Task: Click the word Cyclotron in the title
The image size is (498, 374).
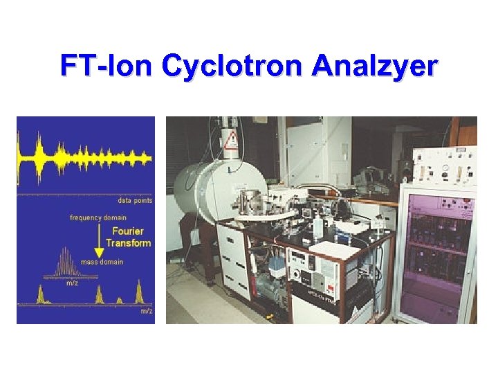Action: coord(233,66)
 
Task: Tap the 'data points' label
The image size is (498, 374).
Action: coord(135,201)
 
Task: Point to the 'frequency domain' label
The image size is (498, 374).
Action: coord(98,217)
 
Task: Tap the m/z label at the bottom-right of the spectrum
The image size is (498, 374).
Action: coord(146,311)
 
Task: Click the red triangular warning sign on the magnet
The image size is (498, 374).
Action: coord(230,142)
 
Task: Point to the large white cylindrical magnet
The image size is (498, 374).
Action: coord(207,187)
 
